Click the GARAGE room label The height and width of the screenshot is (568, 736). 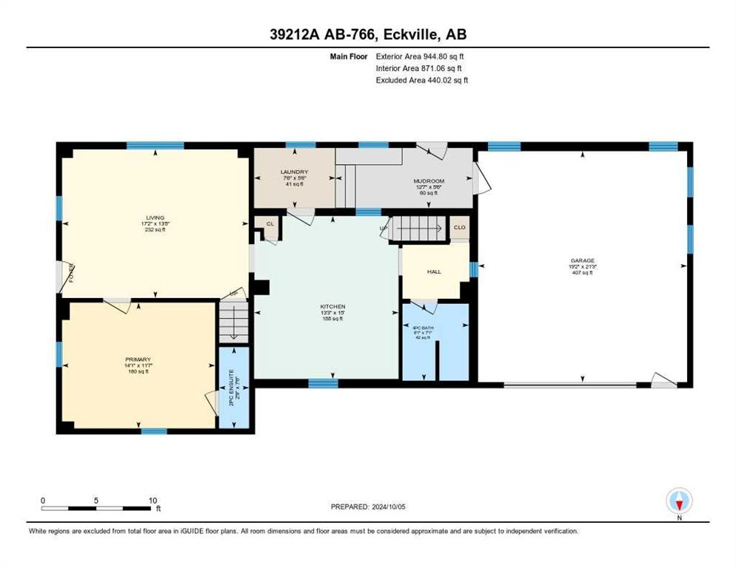click(x=583, y=261)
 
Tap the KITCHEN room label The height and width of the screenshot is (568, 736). click(x=332, y=307)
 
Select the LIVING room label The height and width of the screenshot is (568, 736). click(x=155, y=218)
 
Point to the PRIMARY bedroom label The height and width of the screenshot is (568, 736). click(x=138, y=359)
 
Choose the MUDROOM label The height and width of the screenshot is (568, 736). click(x=428, y=180)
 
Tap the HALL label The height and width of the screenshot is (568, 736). click(x=434, y=271)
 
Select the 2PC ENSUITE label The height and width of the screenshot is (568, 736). click(x=231, y=387)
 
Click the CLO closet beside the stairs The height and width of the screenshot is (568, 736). click(x=459, y=228)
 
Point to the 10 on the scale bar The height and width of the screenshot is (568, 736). click(x=151, y=500)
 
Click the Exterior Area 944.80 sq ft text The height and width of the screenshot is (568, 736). click(x=421, y=56)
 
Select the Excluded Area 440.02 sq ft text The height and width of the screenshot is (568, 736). click(x=422, y=80)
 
